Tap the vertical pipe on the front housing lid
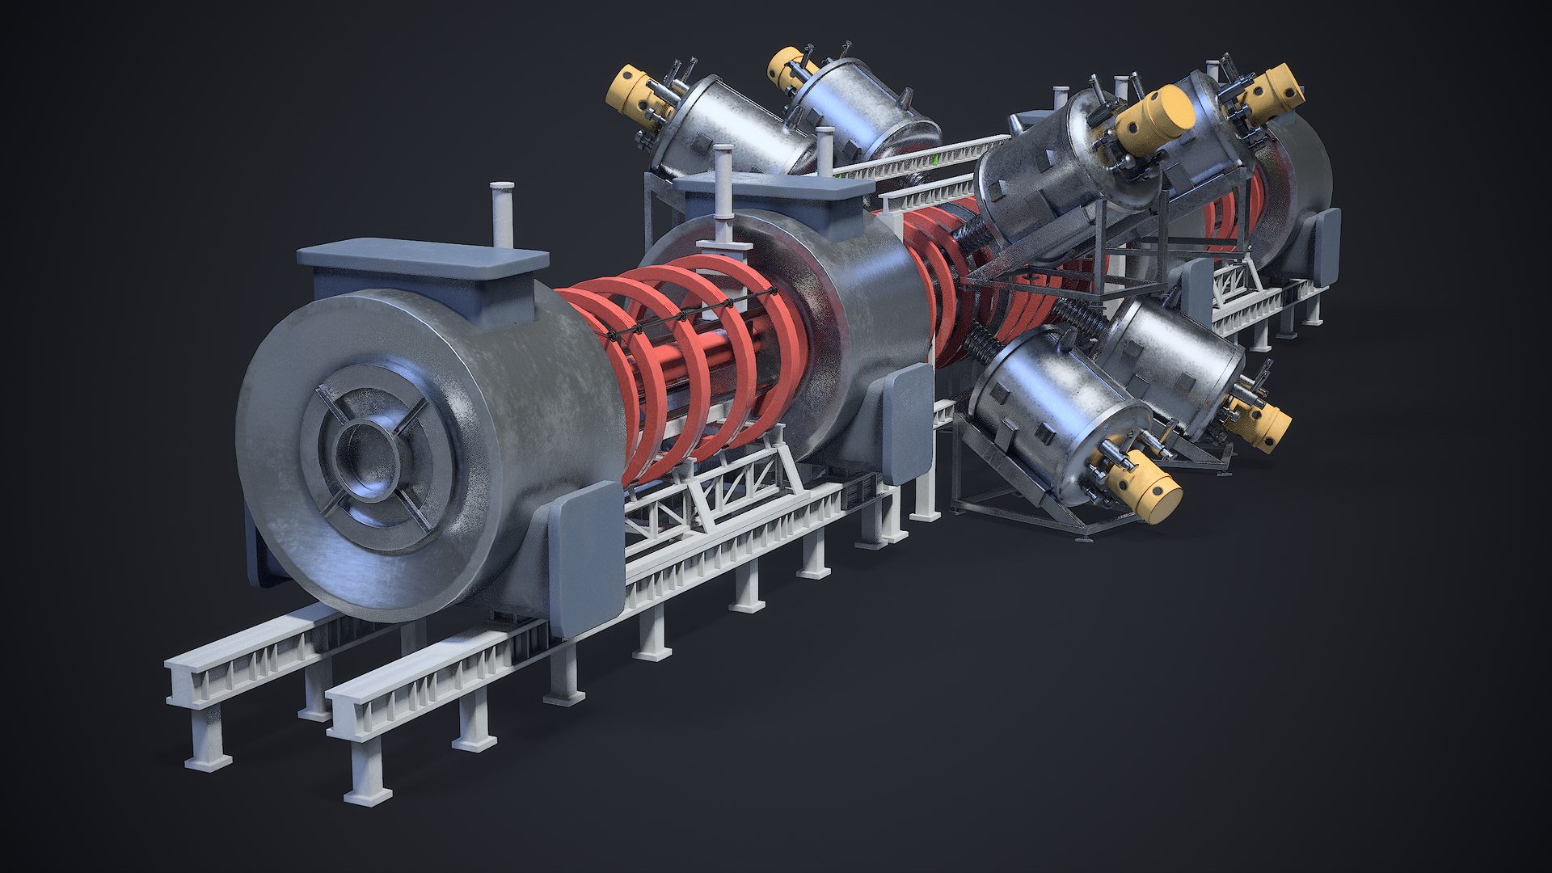point(502,214)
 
